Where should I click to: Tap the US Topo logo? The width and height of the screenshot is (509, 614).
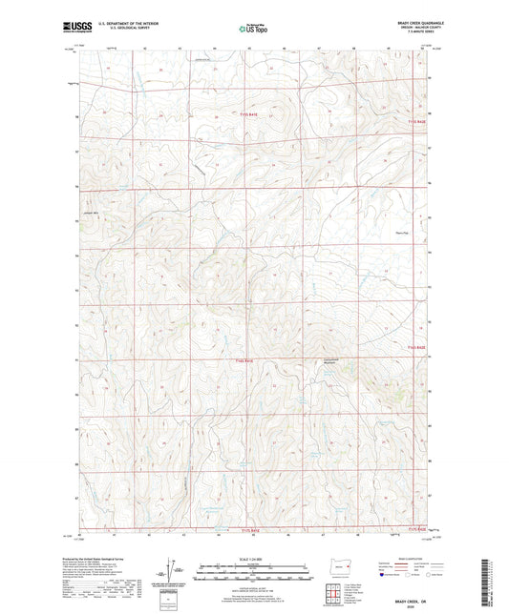coord(251,30)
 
